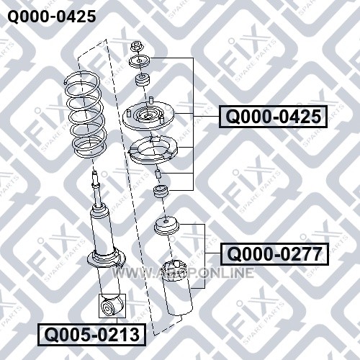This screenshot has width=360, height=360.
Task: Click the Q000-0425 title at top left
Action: pos(52,17)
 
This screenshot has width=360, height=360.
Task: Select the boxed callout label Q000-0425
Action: pos(273,117)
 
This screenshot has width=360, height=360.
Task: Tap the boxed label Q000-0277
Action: pos(274,254)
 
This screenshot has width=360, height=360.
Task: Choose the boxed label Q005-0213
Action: pos(92,335)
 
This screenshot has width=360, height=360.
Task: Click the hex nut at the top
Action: pos(136,47)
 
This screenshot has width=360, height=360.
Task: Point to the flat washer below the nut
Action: pos(140,61)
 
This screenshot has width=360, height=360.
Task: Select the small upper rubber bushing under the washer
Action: pos(143,81)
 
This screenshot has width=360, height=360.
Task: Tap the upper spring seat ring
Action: pos(153,150)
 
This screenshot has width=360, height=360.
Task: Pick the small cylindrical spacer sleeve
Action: pos(158,174)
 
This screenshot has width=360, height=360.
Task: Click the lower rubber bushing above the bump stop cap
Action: pos(161,192)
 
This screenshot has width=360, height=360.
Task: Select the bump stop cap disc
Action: pos(166,225)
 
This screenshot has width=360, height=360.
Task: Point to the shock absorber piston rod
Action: pos(97,189)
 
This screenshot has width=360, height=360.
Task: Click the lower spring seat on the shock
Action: pos(107,258)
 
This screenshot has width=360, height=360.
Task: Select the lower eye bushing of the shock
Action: pos(112,306)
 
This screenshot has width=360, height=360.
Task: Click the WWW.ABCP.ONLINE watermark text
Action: pos(183,273)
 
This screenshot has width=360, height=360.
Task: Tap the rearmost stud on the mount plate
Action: pos(151,99)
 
